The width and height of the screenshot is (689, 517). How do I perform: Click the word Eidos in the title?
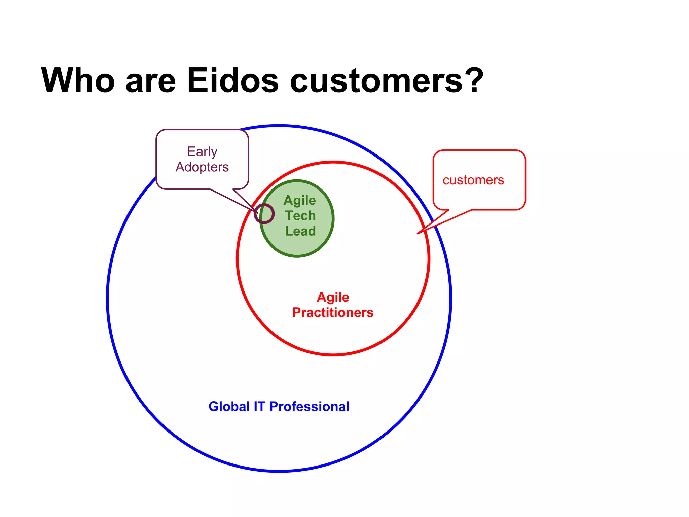click(233, 81)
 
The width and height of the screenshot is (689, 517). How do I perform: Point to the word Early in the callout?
click(202, 152)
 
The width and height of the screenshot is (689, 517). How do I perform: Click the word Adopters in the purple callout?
click(202, 167)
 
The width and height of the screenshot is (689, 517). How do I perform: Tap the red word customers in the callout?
click(473, 180)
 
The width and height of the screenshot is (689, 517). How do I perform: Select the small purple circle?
click(264, 213)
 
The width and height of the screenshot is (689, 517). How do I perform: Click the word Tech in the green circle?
click(300, 216)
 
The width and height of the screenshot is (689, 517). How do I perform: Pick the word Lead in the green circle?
click(300, 231)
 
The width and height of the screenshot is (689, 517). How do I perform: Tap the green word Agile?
click(300, 201)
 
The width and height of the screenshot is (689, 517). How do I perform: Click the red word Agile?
click(333, 297)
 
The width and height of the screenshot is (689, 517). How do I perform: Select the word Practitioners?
click(333, 313)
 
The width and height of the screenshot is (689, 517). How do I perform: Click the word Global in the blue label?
click(229, 407)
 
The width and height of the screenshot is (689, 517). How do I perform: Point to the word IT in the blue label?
click(259, 407)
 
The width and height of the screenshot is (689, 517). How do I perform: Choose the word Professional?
click(310, 407)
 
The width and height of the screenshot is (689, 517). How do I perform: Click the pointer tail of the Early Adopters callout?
click(257, 212)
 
